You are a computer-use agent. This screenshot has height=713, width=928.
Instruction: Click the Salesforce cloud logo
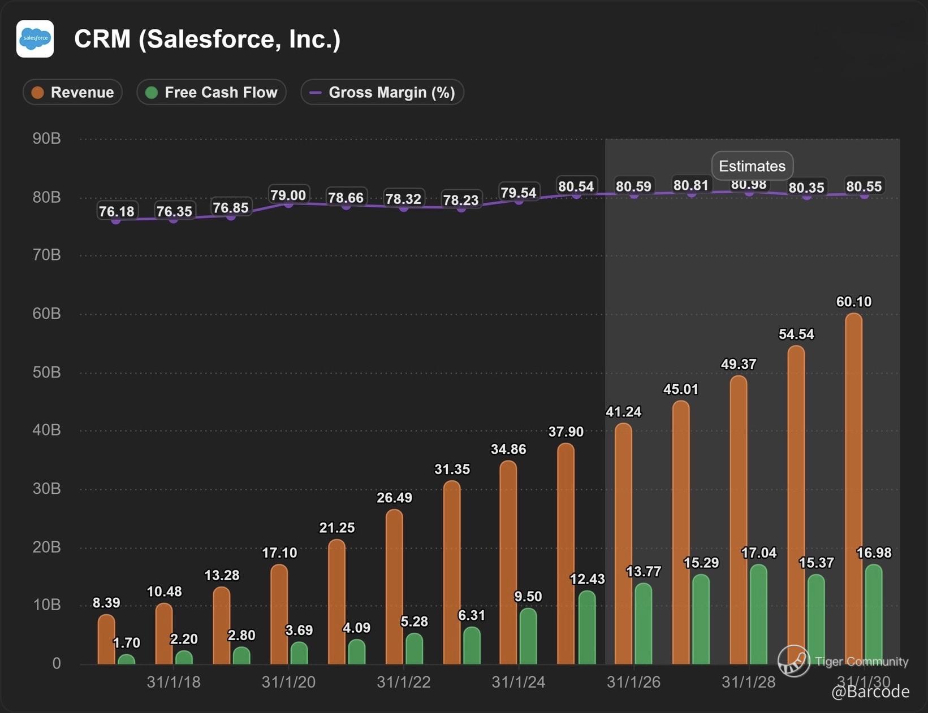click(x=35, y=39)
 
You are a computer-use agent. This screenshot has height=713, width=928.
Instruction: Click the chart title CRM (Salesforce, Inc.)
click(x=207, y=39)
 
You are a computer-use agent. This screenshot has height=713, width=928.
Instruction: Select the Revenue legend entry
click(x=72, y=93)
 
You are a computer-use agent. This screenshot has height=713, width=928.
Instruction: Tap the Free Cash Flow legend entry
click(x=212, y=93)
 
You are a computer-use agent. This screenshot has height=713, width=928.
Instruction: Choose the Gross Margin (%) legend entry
click(x=382, y=93)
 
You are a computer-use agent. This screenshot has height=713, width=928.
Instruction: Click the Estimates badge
click(x=752, y=166)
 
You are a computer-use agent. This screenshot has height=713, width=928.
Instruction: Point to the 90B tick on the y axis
click(x=47, y=139)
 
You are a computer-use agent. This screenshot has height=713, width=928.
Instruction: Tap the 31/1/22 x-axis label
click(x=404, y=682)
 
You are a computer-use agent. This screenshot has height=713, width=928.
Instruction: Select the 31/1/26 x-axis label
click(x=633, y=682)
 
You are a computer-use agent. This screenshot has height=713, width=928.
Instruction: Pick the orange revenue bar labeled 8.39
click(x=106, y=640)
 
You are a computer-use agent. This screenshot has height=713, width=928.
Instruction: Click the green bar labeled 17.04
click(x=758, y=615)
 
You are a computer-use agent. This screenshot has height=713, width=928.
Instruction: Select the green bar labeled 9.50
click(x=528, y=636)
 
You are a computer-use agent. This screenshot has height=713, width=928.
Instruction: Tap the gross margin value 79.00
click(x=288, y=195)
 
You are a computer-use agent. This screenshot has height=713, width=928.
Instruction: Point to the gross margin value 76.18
click(x=116, y=212)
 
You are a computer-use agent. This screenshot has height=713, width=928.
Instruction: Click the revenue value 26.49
click(x=394, y=498)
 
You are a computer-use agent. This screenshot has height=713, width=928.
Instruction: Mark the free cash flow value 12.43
click(x=587, y=579)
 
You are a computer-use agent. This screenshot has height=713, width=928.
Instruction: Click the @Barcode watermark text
click(x=870, y=692)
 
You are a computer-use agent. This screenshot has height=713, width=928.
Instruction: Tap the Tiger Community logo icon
click(x=793, y=661)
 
